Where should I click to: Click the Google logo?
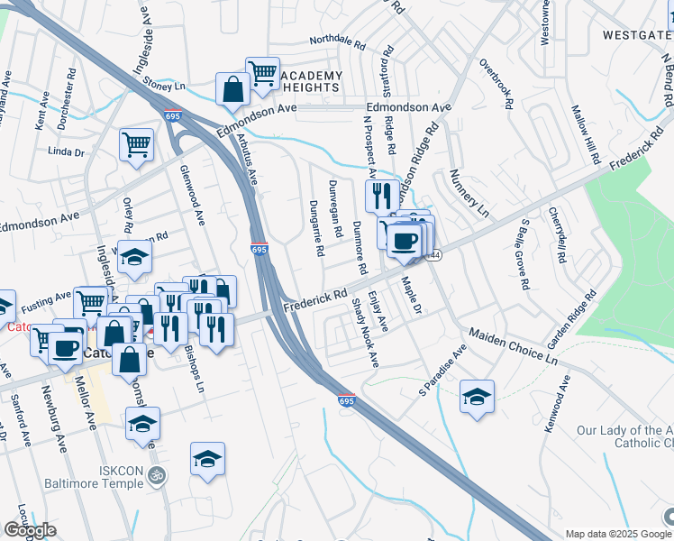[x=30, y=530]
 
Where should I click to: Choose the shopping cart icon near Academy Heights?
[x=262, y=73]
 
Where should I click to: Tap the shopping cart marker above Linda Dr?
[x=136, y=142]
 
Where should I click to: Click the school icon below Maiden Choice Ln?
[x=478, y=396]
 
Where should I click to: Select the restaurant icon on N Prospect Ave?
[x=382, y=194]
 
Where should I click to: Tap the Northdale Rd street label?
[x=337, y=41]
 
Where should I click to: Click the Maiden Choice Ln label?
[x=513, y=344]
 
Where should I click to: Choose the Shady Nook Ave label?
[x=366, y=334]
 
